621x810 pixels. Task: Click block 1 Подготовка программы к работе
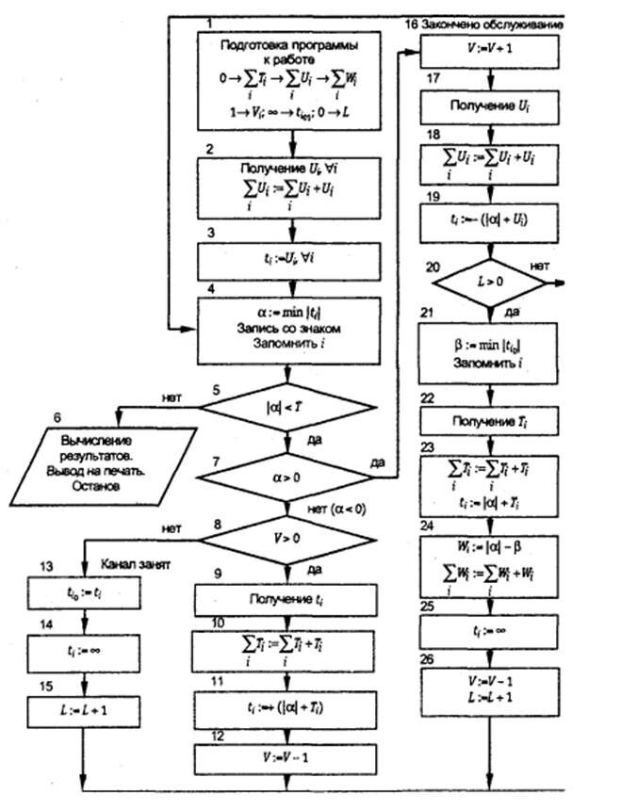(290, 78)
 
